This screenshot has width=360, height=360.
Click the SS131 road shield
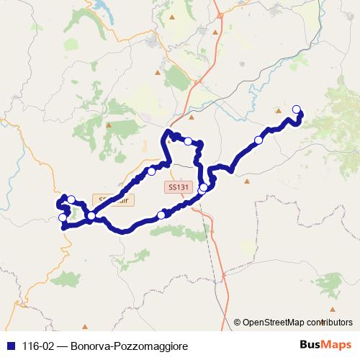[177, 187]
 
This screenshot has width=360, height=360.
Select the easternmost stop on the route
[297, 109]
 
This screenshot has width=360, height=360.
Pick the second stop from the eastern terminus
[258, 140]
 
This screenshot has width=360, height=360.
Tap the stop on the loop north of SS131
[188, 142]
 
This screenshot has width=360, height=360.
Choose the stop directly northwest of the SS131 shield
[151, 171]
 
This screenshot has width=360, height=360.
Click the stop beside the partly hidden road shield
[91, 215]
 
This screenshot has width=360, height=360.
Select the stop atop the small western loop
[71, 199]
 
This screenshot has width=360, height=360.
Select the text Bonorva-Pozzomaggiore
[130, 346]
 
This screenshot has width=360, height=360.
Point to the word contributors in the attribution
[332, 323]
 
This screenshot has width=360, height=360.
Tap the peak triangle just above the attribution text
[326, 311]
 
